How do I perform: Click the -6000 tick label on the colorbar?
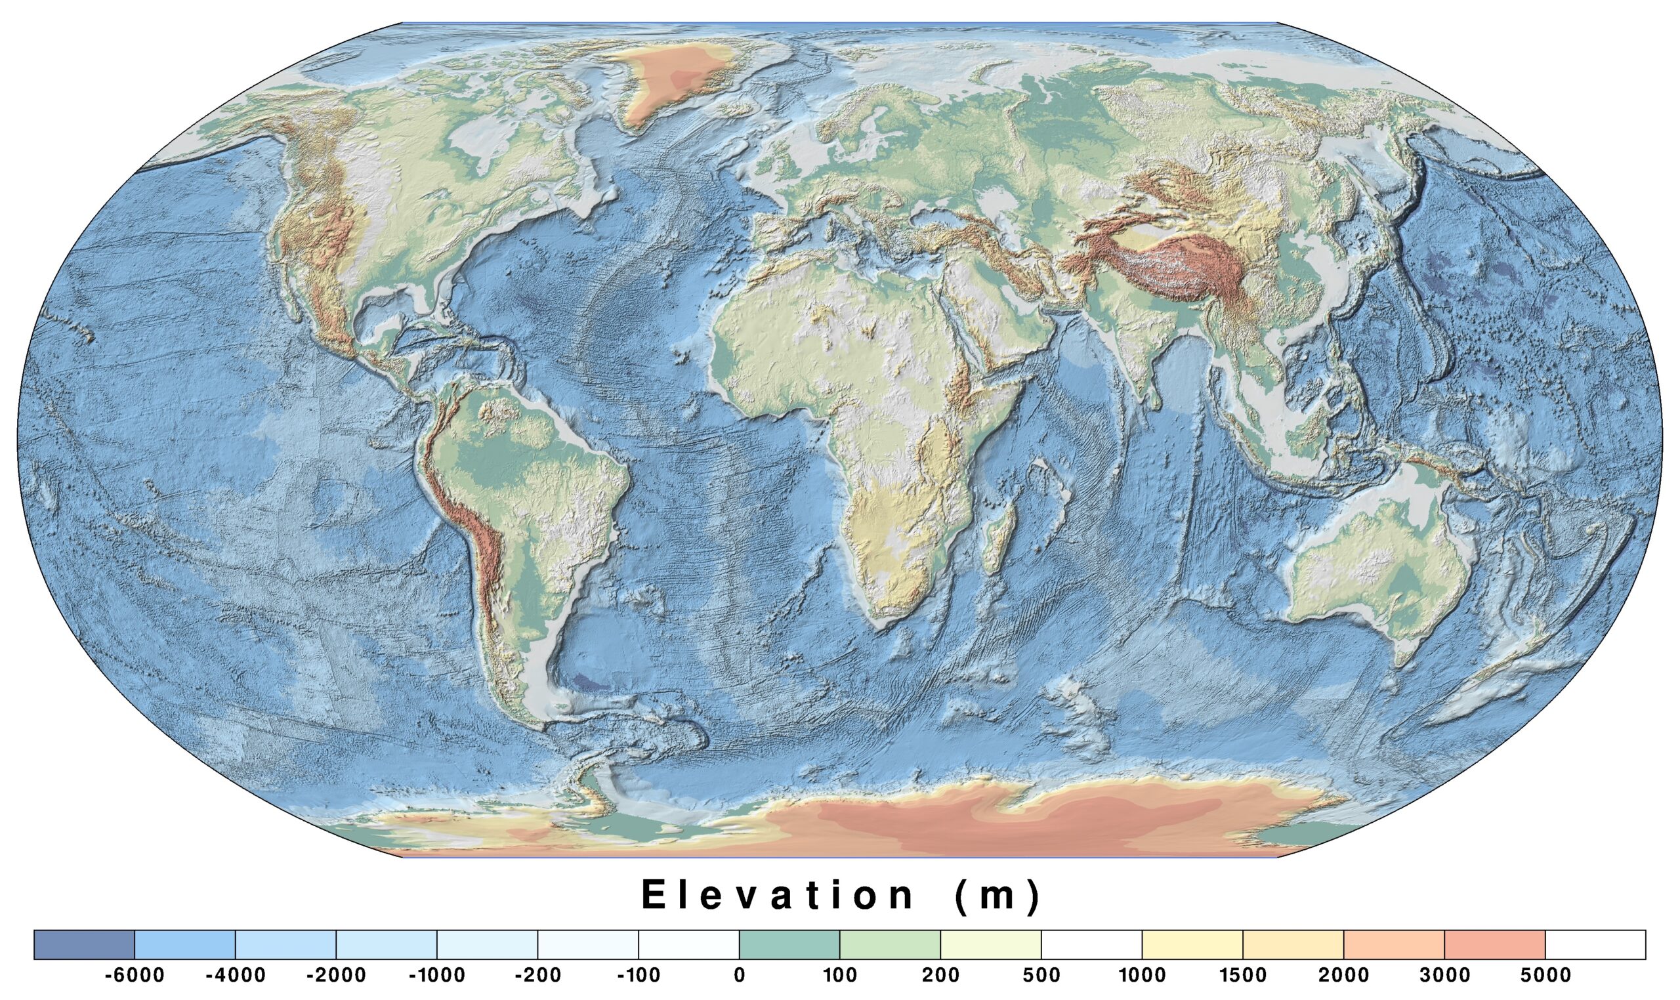click(x=134, y=975)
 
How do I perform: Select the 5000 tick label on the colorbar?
click(x=1545, y=975)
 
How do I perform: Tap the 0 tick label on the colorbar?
click(x=739, y=975)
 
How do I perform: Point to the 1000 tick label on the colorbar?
click(x=1142, y=975)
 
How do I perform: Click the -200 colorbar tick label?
click(x=537, y=975)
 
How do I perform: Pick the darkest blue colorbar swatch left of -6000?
click(x=84, y=944)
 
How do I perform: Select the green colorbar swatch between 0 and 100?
click(x=789, y=944)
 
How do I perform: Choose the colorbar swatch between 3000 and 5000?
click(x=1494, y=944)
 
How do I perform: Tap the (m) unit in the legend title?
click(x=997, y=896)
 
